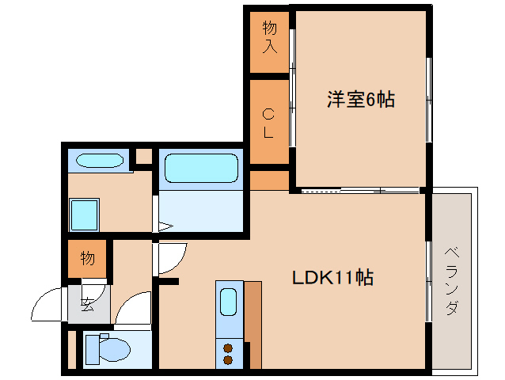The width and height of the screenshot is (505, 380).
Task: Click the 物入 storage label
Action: (x=270, y=37)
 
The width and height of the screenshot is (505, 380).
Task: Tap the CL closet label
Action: (x=268, y=123)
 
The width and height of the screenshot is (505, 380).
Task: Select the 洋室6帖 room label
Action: (x=361, y=101)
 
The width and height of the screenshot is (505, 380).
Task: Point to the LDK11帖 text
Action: (x=333, y=278)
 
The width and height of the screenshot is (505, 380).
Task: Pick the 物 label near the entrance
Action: (x=87, y=258)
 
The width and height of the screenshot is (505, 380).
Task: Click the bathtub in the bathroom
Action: (x=200, y=169)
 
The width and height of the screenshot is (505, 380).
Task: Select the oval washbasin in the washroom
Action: (x=100, y=161)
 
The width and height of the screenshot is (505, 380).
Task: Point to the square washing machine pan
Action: (x=84, y=213)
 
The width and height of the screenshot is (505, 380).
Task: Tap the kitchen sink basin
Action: (x=228, y=302)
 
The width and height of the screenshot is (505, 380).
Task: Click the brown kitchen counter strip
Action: (x=252, y=325)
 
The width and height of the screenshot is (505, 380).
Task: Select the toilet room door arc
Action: (x=135, y=310)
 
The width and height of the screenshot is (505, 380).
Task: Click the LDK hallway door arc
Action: (x=171, y=257)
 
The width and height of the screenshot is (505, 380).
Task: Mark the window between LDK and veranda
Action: (x=429, y=281)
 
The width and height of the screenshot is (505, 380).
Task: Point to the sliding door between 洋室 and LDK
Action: (x=360, y=191)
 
